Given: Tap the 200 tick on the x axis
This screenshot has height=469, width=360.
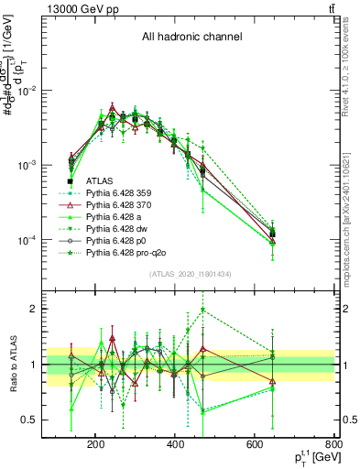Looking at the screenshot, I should coord(95,446).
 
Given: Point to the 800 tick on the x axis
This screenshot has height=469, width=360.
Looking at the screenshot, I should coord(335,446).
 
